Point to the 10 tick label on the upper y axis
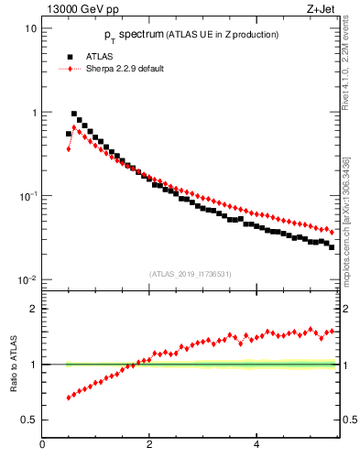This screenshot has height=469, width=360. (x=30, y=28)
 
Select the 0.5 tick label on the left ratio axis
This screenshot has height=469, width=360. (x=29, y=420)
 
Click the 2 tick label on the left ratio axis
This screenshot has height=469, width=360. (x=33, y=309)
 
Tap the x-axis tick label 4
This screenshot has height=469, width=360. (x=256, y=445)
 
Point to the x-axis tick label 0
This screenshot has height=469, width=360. (x=43, y=445)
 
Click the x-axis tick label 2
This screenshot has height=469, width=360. (x=149, y=445)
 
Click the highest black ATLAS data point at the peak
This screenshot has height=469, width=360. (x=74, y=115)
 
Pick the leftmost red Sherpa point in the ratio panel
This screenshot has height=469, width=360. (x=69, y=398)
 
